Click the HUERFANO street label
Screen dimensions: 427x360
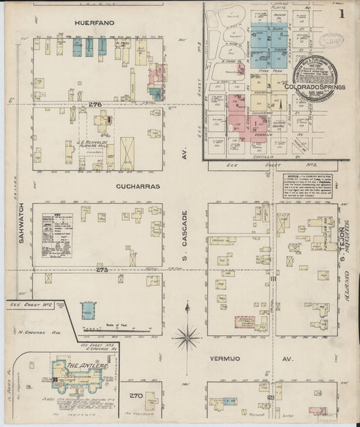click(95, 23)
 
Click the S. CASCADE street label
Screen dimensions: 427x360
click(184, 230)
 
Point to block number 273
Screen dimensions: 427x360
click(102, 270)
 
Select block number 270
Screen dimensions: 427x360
click(136, 395)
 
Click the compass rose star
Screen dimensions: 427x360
click(187, 336)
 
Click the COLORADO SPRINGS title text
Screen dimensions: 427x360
click(315, 87)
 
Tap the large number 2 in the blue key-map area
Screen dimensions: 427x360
click(268, 39)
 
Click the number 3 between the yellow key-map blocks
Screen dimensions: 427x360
click(269, 86)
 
